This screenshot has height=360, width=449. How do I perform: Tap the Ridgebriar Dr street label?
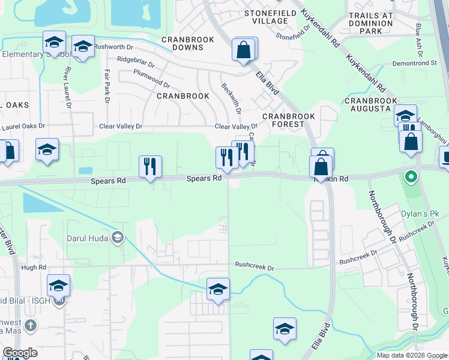(x=136, y=60)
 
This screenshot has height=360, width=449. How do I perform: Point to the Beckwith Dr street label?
(x=231, y=98)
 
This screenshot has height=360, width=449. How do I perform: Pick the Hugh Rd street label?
(x=34, y=267)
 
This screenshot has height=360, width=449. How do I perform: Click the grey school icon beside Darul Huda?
(x=118, y=238)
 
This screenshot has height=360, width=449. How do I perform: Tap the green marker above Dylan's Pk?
(x=411, y=177)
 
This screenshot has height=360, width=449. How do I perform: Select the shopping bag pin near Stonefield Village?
(x=244, y=50)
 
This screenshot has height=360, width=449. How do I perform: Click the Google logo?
(x=20, y=353)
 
